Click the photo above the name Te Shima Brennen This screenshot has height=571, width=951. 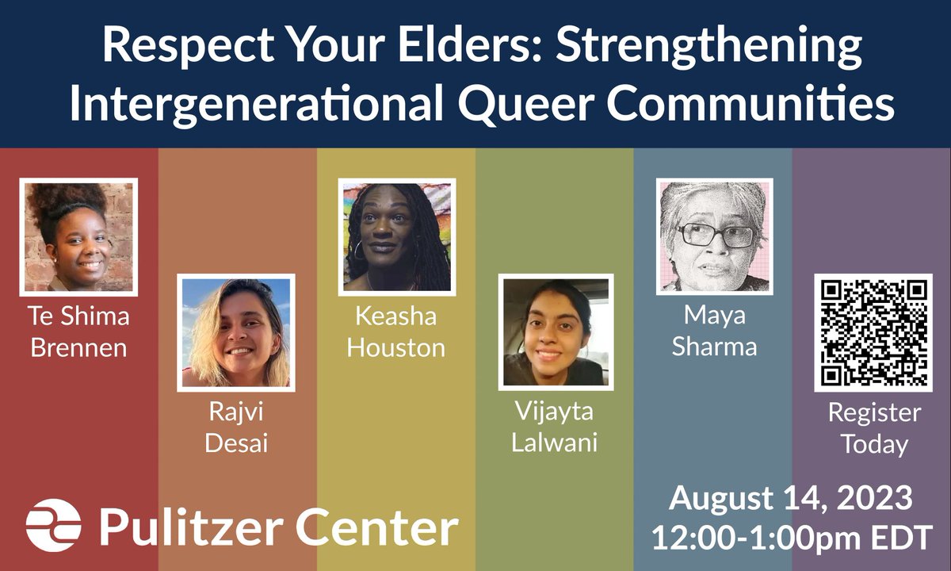78,236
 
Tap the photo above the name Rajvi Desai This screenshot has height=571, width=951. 236,332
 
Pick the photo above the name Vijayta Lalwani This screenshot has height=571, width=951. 556,332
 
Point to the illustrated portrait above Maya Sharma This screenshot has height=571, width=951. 714,236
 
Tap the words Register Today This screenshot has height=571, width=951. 873,428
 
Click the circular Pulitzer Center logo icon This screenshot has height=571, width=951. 53,525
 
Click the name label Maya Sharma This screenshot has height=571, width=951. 714,331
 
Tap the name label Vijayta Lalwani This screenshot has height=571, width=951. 556,427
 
